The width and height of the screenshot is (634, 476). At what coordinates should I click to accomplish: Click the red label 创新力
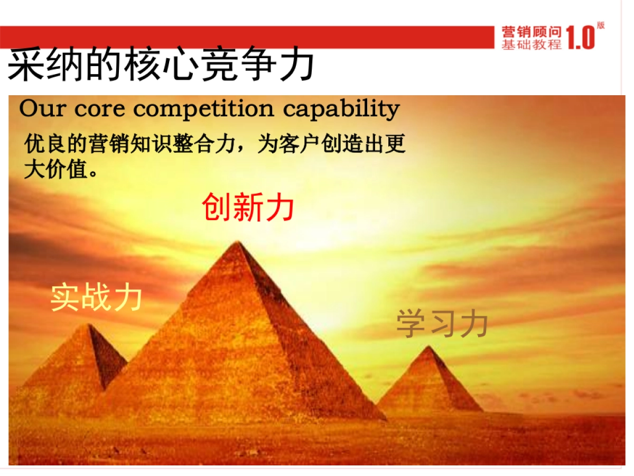point(248,207)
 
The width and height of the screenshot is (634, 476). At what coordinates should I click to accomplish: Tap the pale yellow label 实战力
point(96,297)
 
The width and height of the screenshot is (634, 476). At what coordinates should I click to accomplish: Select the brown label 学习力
point(442,323)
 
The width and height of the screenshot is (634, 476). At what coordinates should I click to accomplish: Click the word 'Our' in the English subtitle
point(43,108)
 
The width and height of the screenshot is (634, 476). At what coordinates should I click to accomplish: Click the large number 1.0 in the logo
point(580,38)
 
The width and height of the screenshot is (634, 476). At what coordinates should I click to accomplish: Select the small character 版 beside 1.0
point(601,25)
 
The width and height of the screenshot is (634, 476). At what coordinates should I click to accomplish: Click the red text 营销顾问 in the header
point(532,32)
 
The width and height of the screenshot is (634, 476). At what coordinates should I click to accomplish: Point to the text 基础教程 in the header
point(532,44)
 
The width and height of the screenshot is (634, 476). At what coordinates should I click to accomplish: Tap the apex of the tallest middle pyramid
point(238,242)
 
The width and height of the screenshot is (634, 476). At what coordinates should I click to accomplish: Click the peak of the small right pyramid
point(428,346)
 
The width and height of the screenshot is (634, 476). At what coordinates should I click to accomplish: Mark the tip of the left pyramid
point(88,325)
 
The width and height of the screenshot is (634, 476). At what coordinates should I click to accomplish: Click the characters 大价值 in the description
point(56,169)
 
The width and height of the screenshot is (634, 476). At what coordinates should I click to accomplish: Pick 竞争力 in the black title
point(258,63)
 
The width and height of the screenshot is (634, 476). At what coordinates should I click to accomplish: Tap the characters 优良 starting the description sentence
point(45,143)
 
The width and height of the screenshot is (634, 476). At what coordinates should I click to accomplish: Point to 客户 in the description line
point(300,143)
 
